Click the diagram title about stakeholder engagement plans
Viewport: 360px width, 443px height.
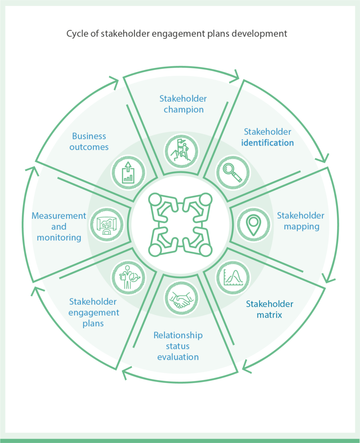pyautogui.click(x=177, y=34)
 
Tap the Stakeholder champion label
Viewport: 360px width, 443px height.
pyautogui.click(x=183, y=104)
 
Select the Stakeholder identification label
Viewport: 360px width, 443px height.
pyautogui.click(x=268, y=137)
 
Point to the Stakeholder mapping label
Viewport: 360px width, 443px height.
pyautogui.click(x=300, y=221)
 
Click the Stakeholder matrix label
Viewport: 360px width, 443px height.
pyautogui.click(x=270, y=309)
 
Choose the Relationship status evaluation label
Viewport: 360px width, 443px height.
pyautogui.click(x=178, y=346)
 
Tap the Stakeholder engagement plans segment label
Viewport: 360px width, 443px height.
pyautogui.click(x=94, y=312)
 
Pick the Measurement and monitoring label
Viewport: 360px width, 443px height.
pyautogui.click(x=59, y=226)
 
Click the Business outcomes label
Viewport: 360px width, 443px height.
pyautogui.click(x=89, y=141)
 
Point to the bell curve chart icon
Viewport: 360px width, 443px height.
pyautogui.click(x=233, y=277)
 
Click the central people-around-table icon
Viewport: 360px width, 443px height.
pyautogui.click(x=180, y=225)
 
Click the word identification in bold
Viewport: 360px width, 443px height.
pyautogui.click(x=268, y=143)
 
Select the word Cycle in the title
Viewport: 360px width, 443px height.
pyautogui.click(x=76, y=34)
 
